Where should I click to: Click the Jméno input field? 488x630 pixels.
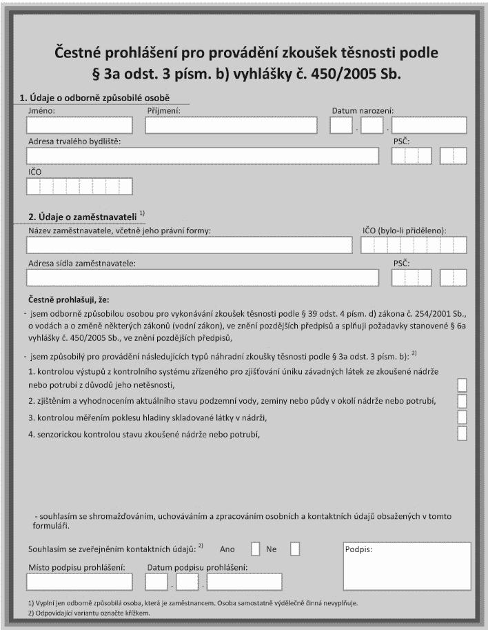[x=79, y=125]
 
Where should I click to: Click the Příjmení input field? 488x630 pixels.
[x=231, y=125]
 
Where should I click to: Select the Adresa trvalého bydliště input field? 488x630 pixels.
[x=203, y=156]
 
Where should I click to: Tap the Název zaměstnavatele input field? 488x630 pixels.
[x=189, y=245]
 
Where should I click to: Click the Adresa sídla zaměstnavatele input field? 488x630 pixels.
[x=203, y=277]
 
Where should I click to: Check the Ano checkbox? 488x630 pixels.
[x=255, y=549]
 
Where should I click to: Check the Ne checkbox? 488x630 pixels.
[x=295, y=549]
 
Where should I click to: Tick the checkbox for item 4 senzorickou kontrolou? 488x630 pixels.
[x=462, y=433]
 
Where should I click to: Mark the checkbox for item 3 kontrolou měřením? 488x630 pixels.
[x=462, y=417]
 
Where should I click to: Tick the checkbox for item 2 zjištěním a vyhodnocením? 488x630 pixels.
[x=462, y=400]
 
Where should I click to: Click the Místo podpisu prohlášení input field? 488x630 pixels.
[x=79, y=582]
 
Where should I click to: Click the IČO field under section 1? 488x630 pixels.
[x=79, y=186]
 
